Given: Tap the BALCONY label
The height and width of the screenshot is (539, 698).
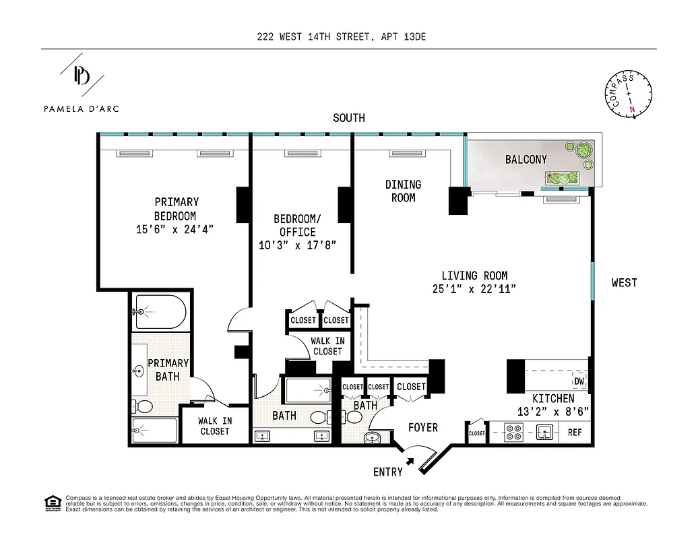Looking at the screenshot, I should click(526, 160).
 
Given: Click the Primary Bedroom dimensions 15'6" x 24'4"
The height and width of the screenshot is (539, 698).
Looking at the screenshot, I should click(176, 229).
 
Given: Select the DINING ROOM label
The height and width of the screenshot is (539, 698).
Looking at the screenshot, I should click(403, 191).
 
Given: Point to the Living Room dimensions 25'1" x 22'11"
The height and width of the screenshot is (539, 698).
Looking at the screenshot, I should click(474, 288).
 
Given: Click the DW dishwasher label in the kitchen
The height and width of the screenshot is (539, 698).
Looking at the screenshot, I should click(579, 381).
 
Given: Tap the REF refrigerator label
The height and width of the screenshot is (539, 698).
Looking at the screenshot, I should click(575, 433).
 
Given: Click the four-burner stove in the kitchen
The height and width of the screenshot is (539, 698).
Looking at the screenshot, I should click(513, 432).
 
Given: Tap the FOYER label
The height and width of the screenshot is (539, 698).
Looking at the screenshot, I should click(422, 427).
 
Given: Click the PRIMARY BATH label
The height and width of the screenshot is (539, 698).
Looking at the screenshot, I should click(168, 369).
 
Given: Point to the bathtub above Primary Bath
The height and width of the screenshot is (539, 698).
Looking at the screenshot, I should click(159, 311).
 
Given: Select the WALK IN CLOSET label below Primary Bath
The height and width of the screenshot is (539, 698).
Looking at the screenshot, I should click(215, 426).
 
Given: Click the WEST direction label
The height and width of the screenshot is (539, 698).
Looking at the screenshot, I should click(624, 282).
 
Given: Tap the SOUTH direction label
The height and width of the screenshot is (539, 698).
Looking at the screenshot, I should click(349, 118).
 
